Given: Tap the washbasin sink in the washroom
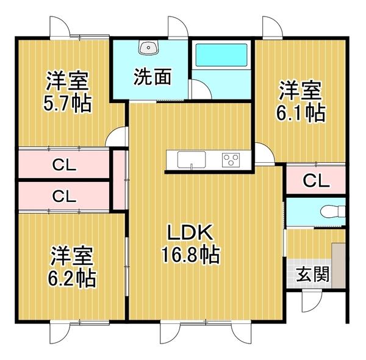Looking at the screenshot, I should click(x=148, y=47).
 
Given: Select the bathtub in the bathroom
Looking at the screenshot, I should click(x=220, y=56).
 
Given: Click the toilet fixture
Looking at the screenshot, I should click(x=333, y=211).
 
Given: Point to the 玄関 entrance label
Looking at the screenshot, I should click(x=313, y=274).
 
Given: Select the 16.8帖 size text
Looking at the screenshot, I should click(x=190, y=254).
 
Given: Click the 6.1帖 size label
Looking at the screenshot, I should click(x=300, y=112).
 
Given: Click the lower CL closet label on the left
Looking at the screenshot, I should click(x=63, y=196).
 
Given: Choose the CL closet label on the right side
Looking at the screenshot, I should click(x=317, y=180).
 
